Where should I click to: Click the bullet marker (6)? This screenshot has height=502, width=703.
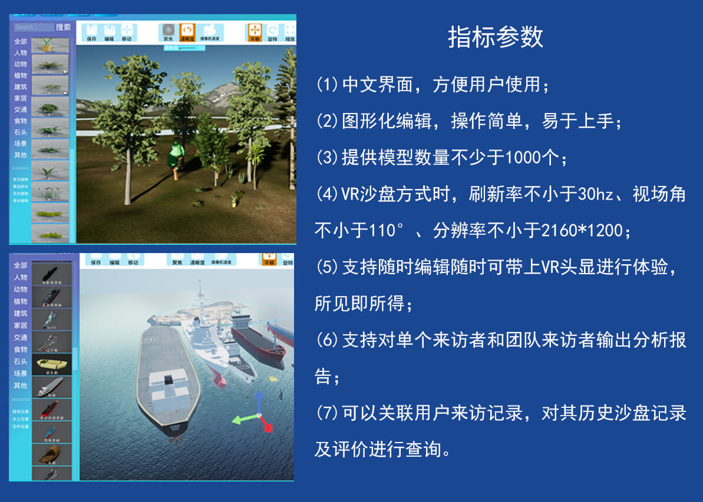[x=327, y=340]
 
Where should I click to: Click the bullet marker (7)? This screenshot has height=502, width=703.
[x=327, y=413]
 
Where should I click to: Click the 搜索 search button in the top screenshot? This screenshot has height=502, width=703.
[x=63, y=27]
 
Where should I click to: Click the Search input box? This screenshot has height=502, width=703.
[x=34, y=27]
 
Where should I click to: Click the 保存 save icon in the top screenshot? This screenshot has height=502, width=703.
[x=91, y=32]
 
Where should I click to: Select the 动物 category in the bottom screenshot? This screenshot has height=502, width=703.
[x=21, y=289]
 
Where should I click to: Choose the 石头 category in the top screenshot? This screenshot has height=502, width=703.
[x=21, y=132]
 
